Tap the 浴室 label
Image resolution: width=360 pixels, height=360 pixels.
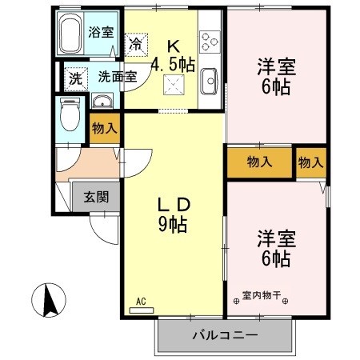click(x=101, y=33)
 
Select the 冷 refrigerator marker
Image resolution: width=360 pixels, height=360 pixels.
click(x=137, y=42)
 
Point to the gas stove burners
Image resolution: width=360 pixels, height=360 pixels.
click(x=211, y=39)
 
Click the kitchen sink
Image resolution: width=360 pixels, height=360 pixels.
click(x=211, y=79)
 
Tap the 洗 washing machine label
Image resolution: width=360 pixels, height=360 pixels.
click(x=75, y=78)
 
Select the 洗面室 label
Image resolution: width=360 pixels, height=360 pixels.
click(x=118, y=78)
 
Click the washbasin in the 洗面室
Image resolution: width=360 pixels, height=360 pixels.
click(x=101, y=102)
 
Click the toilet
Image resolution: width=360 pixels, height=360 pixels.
click(x=70, y=114)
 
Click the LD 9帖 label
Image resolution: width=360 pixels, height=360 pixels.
click(x=173, y=214)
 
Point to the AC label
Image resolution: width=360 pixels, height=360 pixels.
click(x=141, y=302)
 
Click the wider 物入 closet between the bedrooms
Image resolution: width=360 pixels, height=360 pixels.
click(x=259, y=162)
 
